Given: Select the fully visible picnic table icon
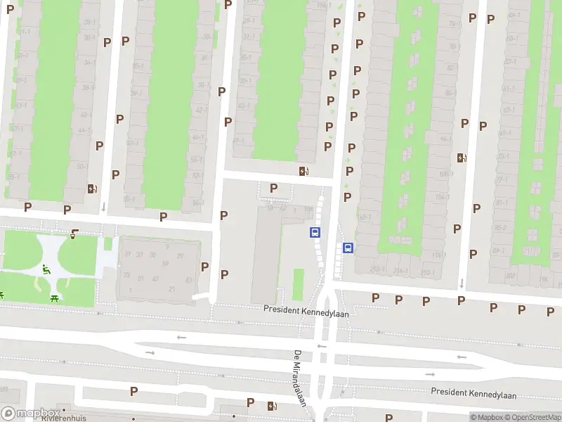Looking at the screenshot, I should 55,298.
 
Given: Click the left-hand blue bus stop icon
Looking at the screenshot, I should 315,232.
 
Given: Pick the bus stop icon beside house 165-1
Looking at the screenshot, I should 348,248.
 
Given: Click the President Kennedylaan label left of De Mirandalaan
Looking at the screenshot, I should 306,309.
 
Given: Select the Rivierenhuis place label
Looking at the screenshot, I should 63,418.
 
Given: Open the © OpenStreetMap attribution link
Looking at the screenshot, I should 531,417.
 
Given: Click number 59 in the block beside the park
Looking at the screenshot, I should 166,264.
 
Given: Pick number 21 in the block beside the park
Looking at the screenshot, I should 172,289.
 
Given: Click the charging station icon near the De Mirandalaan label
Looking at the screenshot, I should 271,406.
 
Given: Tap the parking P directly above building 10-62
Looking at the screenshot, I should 273,188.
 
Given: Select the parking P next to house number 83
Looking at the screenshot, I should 204,267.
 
